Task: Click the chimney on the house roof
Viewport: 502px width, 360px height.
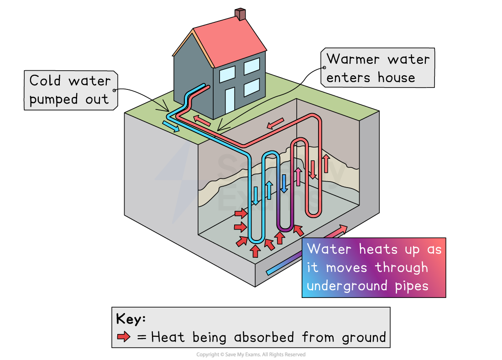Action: click(240, 14)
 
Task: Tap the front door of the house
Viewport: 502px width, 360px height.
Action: click(230, 101)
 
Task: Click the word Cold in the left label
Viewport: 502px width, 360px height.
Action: click(45, 81)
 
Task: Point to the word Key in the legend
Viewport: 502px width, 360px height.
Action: click(130, 319)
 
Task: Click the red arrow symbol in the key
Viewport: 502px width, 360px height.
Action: click(124, 337)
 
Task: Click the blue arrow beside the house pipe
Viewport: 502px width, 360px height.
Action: click(171, 125)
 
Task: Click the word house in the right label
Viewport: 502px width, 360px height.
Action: click(396, 78)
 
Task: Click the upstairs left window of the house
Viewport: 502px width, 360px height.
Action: click(227, 74)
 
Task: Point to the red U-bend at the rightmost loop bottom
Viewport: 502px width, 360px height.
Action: click(313, 214)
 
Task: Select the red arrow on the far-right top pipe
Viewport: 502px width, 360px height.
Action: click(275, 123)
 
